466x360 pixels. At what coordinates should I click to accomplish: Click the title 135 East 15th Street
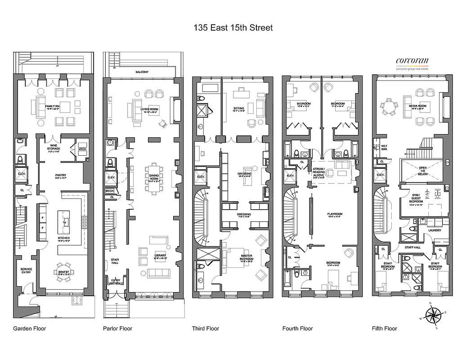233,28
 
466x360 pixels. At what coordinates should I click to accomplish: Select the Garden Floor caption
30,328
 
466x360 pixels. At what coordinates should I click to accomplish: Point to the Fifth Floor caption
385,328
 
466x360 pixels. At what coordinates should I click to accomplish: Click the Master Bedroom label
246,257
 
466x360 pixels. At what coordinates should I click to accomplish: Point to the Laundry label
435,230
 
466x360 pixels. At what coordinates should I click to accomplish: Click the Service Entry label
27,271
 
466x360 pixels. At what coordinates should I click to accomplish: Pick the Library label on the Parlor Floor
160,256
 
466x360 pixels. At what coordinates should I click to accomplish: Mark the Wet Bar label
384,148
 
